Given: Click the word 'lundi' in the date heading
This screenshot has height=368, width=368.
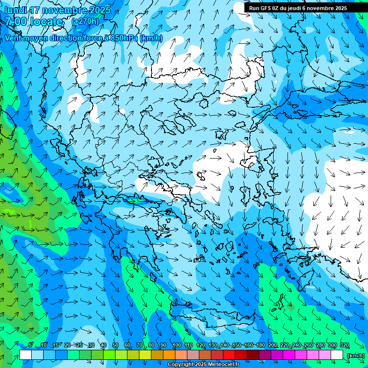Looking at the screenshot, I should [15, 10].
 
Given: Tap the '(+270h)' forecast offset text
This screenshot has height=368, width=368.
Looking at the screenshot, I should [85, 21].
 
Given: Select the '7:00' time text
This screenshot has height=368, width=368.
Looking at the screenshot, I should [16, 22].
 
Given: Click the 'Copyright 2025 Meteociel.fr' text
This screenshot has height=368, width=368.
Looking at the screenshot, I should [203, 365].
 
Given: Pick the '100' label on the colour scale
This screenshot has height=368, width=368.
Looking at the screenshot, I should [177, 345].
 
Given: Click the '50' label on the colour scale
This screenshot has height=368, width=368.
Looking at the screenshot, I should [115, 345].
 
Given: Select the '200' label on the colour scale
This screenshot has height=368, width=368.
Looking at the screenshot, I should [273, 345].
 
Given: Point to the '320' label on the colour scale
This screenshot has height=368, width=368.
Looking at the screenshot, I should [345, 345].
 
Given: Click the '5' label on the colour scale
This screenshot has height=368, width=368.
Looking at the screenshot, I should [31, 345].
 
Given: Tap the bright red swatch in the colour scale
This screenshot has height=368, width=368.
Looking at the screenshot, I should [229, 355].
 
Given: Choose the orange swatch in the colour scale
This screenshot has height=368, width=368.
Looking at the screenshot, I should [169, 355].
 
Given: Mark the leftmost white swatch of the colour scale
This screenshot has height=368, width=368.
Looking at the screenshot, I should [25, 355].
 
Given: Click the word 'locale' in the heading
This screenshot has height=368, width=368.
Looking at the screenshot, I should [46, 22].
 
